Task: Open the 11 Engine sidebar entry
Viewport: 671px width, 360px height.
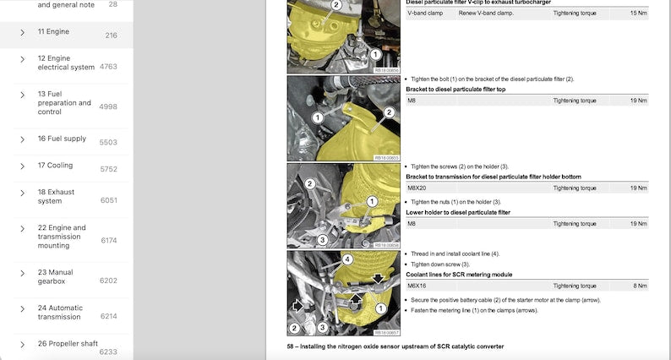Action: point(53,32)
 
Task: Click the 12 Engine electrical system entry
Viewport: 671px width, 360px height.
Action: point(65,63)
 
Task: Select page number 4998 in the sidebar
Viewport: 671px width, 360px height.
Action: point(108,106)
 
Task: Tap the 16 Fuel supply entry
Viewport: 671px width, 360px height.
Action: point(62,139)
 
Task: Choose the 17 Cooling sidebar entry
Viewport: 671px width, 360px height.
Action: point(55,166)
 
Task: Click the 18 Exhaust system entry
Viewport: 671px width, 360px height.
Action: point(56,197)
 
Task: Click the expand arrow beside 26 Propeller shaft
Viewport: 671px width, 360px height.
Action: point(23,344)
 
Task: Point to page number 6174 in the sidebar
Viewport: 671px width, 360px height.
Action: point(108,241)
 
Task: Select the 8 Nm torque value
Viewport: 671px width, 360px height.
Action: point(640,286)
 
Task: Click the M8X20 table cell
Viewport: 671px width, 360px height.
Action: point(418,188)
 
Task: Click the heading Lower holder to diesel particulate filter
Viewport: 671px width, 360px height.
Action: point(458,213)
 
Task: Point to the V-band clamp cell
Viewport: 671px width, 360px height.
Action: point(425,14)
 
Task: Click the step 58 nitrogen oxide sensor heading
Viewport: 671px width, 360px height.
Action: point(396,347)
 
